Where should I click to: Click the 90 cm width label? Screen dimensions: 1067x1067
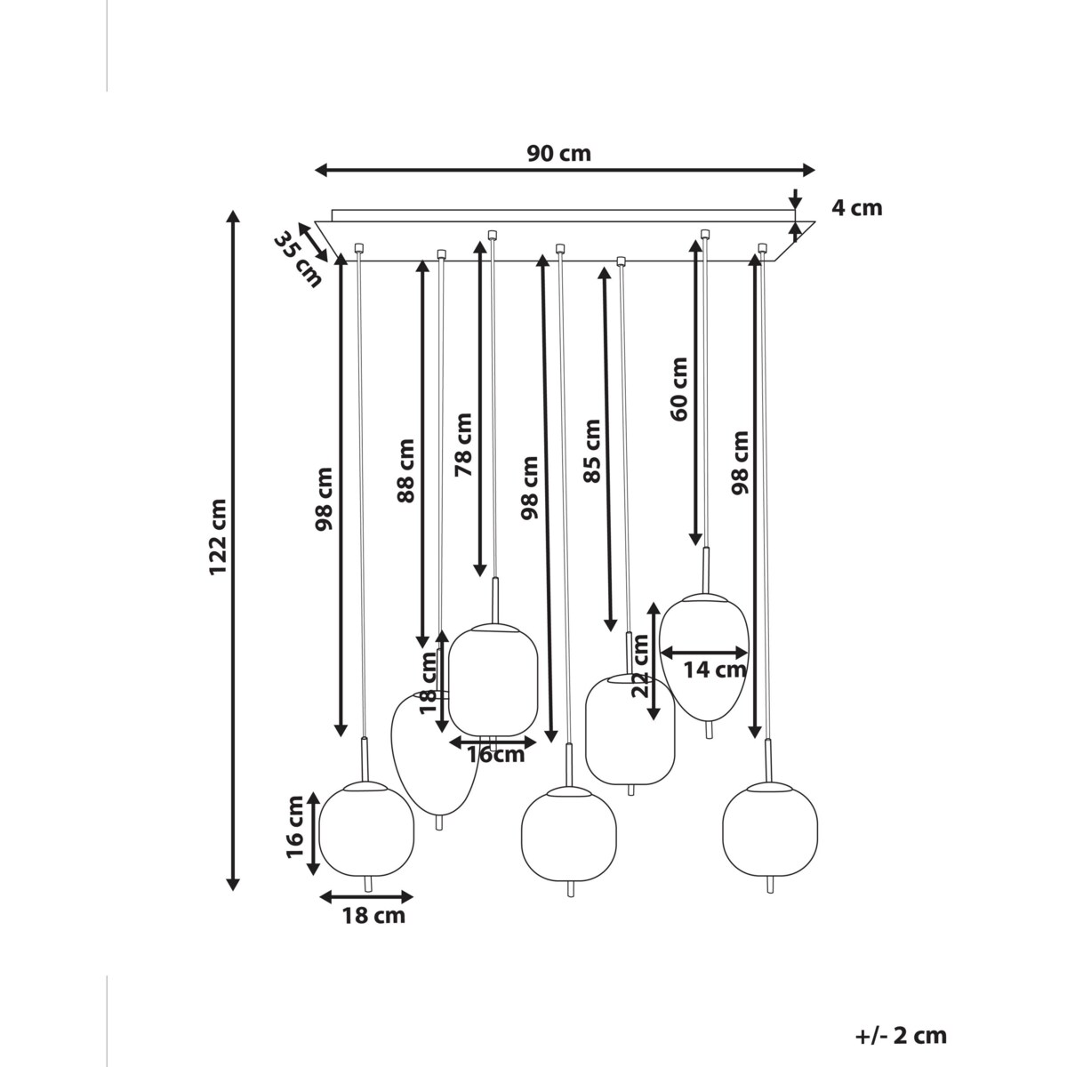[558, 153]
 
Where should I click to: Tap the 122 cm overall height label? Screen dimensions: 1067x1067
[218, 537]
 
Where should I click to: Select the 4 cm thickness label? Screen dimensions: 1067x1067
[856, 208]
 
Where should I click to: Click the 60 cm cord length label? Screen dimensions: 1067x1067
[678, 389]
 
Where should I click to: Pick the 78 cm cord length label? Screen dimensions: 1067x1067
[463, 445]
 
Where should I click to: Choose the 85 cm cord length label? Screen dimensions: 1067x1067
[592, 452]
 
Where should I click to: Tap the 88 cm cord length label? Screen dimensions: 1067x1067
[405, 470]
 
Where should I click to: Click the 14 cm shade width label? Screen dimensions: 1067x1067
[714, 670]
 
